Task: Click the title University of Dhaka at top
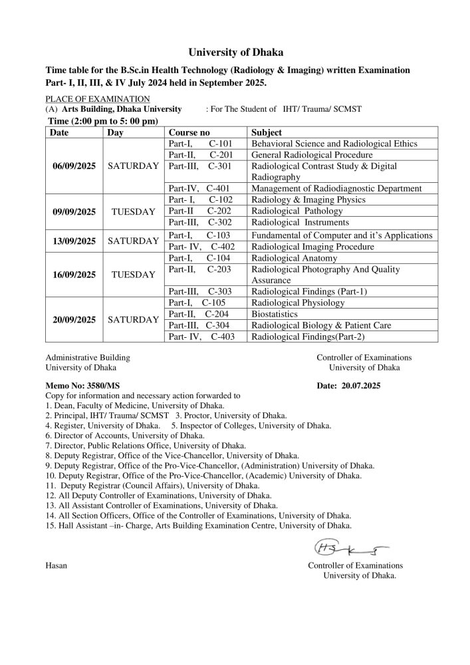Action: [x=235, y=52]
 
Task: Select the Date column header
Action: [x=60, y=132]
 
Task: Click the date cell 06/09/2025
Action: [x=74, y=166]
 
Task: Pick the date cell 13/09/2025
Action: [x=74, y=241]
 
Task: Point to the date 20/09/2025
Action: [x=74, y=319]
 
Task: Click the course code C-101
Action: [x=219, y=144]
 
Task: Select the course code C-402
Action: [x=222, y=247]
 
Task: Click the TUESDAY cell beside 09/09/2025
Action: [x=133, y=211]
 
